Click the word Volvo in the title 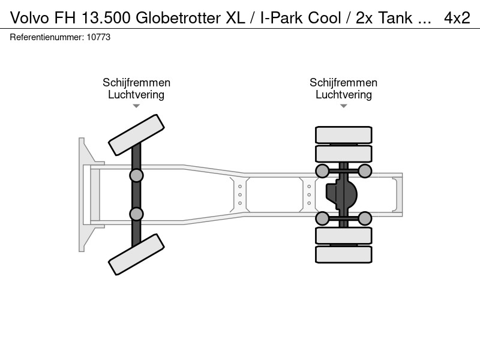(29, 18)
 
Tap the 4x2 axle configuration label (457, 18)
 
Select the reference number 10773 (98, 37)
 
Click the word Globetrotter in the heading (178, 18)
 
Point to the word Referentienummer (46, 37)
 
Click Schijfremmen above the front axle (137, 83)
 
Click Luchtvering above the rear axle (344, 95)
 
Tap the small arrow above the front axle (136, 106)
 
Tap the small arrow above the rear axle (344, 106)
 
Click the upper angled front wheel (137, 135)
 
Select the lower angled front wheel (137, 254)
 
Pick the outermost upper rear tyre (344, 134)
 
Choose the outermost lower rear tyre (344, 254)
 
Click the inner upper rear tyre (344, 154)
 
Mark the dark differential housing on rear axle (341, 194)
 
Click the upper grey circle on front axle (136, 176)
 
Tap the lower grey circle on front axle (136, 214)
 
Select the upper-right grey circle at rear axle (365, 171)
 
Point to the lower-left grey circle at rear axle (322, 218)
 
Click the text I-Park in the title (281, 18)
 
